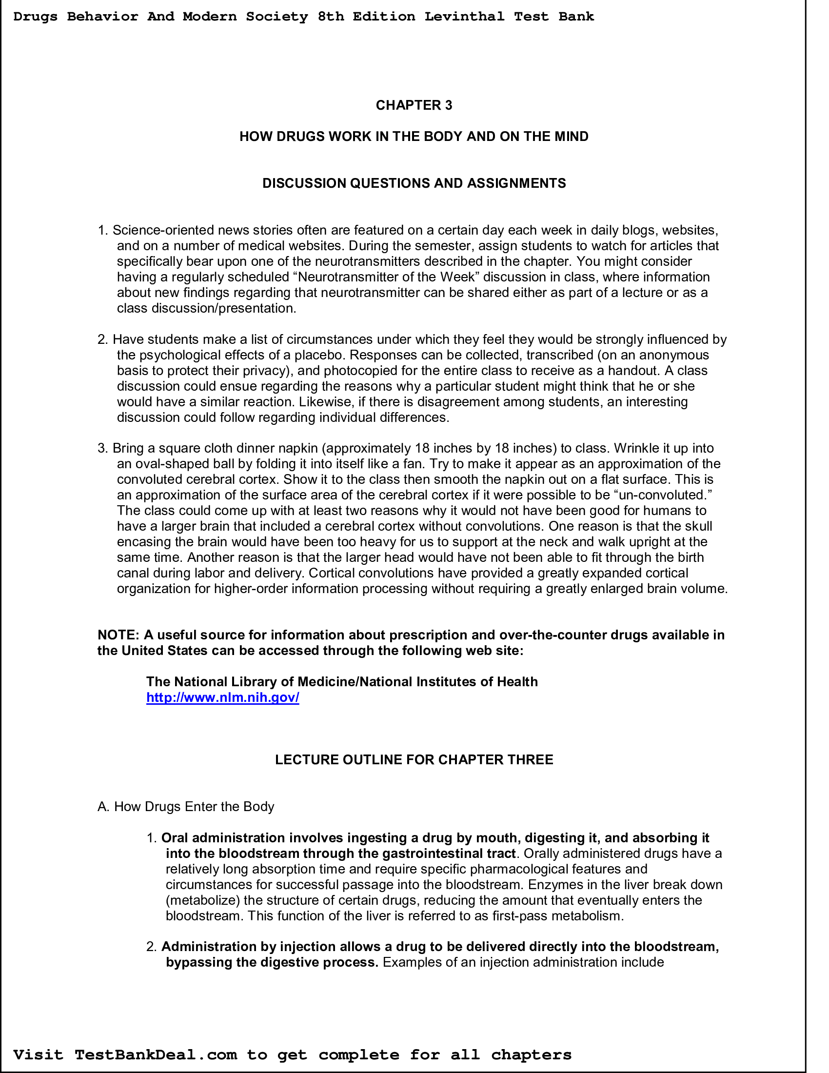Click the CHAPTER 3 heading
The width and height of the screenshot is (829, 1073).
click(414, 105)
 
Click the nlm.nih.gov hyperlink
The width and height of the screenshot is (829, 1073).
click(222, 697)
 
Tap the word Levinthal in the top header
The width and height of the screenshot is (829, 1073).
click(464, 17)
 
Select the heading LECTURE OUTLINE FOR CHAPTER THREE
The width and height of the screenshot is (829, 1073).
click(414, 759)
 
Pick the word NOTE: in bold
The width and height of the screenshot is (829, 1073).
click(119, 635)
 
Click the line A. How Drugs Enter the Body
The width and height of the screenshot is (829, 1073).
click(186, 807)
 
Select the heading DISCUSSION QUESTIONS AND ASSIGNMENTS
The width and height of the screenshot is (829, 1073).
click(414, 183)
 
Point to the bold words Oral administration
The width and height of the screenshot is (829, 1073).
click(223, 837)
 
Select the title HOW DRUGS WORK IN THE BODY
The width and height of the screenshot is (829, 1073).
click(414, 137)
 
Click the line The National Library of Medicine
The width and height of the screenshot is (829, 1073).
click(341, 682)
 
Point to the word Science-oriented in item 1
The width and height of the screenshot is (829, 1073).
click(163, 230)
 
